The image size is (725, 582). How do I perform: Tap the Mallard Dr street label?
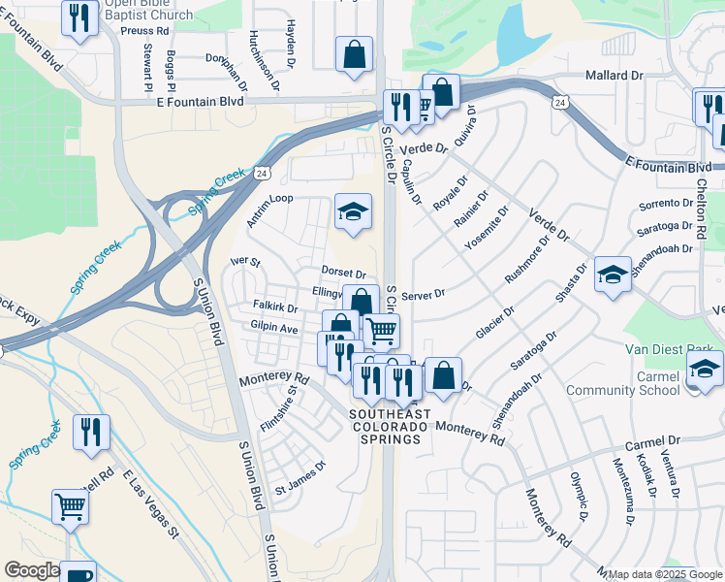coord(615,75)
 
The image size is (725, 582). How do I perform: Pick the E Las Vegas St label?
coord(151,503)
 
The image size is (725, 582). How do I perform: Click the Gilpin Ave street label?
coord(274,329)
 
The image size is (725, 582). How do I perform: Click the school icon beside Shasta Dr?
coord(613,275)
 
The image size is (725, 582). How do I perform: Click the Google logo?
coord(31,570)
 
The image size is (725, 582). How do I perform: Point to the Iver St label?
coord(245,263)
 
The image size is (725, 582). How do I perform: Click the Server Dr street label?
coord(424,294)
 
